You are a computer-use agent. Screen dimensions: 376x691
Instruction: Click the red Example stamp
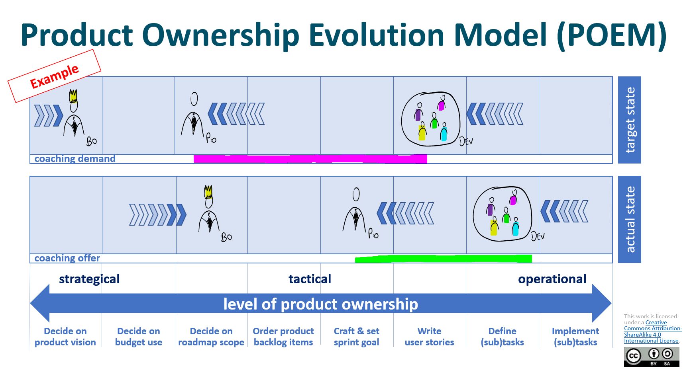click(x=54, y=76)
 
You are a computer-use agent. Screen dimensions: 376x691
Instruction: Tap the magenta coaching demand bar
click(x=310, y=159)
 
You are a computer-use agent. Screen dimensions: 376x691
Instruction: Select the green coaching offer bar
click(x=443, y=259)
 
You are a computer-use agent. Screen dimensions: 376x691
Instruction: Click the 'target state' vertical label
click(x=630, y=120)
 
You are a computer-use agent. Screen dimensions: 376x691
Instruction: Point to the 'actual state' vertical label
click(x=630, y=219)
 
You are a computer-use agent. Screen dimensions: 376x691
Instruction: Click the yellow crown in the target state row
click(x=73, y=96)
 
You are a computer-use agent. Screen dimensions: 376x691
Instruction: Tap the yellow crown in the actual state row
click(x=208, y=192)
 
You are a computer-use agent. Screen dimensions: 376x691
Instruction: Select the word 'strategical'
click(x=89, y=279)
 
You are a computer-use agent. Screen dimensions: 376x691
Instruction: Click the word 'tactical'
click(x=310, y=279)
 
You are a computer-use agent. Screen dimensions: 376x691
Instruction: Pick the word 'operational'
click(x=552, y=279)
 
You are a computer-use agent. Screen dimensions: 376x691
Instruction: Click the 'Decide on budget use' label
click(x=139, y=337)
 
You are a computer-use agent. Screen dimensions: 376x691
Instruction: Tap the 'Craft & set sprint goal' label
click(x=356, y=337)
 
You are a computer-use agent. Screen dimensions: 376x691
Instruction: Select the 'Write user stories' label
click(x=429, y=337)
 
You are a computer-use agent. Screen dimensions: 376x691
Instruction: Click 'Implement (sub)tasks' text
click(x=575, y=337)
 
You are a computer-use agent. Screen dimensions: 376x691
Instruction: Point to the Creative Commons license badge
click(x=652, y=357)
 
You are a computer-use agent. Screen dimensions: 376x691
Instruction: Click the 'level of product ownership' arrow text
click(x=320, y=304)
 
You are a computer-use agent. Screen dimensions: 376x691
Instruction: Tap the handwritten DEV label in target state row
click(x=466, y=141)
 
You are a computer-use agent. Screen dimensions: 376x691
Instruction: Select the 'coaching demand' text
click(x=75, y=159)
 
